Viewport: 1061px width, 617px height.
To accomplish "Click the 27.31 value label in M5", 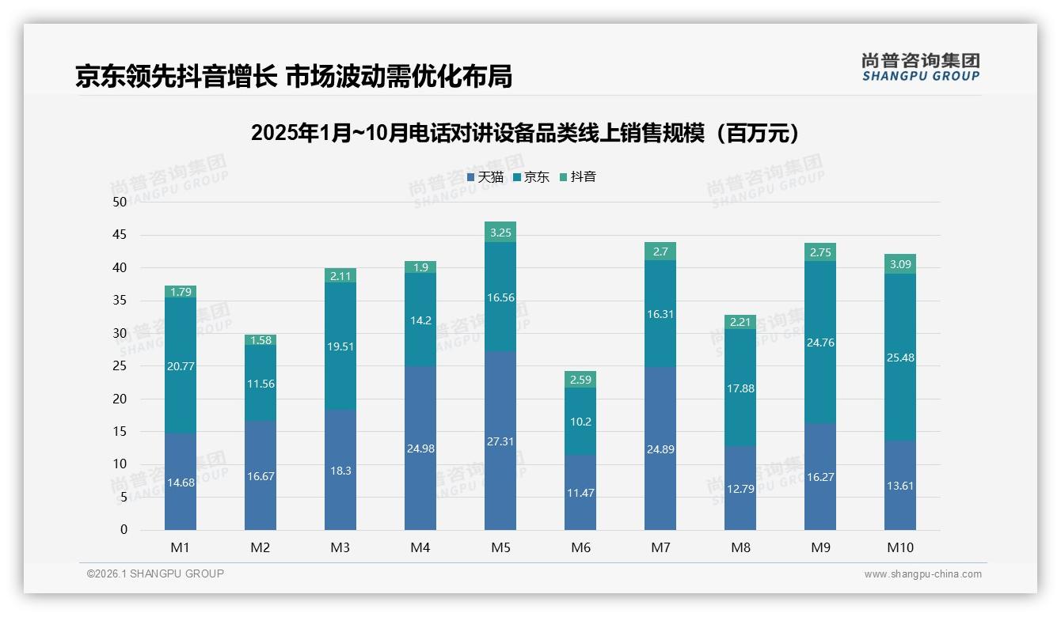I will [500, 441].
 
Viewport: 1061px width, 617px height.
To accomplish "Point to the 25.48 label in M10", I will [900, 358].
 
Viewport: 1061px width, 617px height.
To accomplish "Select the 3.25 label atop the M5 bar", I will [500, 233].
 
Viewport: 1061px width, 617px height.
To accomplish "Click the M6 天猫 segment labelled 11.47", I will [580, 492].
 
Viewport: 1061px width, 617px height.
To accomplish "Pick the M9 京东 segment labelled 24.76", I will [820, 343].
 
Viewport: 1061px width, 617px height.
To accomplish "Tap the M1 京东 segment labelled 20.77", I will [181, 365].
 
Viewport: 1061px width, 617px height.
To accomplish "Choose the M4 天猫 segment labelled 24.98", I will [420, 449].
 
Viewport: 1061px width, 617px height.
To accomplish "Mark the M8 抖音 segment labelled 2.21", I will [740, 322].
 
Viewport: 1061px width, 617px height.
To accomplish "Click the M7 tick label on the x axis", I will [660, 547].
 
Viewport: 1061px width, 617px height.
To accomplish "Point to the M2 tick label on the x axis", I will [260, 547].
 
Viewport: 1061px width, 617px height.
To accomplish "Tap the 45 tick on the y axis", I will [120, 235].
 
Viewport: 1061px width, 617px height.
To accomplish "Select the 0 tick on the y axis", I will [124, 530].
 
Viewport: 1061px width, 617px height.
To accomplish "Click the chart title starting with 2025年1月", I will [524, 133].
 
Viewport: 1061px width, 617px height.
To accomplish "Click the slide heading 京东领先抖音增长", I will [294, 76].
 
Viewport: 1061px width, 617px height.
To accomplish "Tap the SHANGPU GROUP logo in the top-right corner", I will [920, 67].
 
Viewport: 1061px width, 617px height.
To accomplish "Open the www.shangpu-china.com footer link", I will [922, 574].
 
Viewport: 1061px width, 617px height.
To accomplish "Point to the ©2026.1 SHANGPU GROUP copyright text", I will [155, 573].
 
